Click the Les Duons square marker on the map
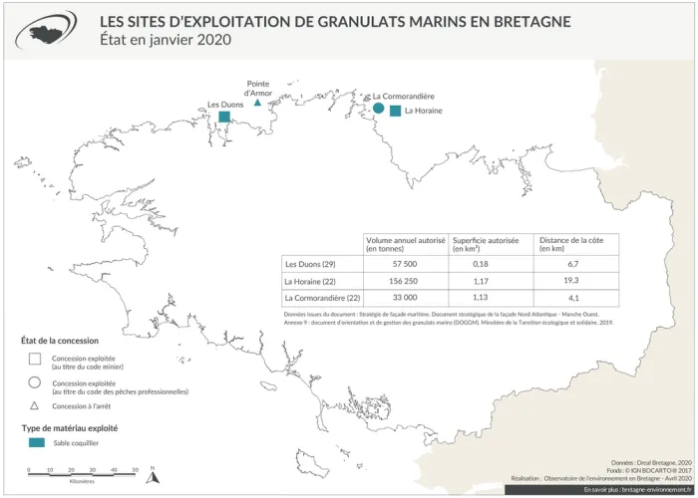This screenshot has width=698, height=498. (225, 118)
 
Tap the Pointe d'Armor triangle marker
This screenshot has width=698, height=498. (257, 103)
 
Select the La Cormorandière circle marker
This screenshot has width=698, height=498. (378, 109)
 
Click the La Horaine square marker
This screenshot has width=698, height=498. (395, 112)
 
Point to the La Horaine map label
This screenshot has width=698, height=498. (423, 112)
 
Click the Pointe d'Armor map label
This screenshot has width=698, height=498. (257, 88)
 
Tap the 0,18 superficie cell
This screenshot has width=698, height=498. (480, 264)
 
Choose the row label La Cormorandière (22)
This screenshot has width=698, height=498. (322, 298)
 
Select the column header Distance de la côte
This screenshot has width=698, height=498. (571, 244)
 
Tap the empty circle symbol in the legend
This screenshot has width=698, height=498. (34, 383)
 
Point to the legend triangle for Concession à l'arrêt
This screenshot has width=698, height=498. (34, 406)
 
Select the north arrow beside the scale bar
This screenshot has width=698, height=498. (152, 475)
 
